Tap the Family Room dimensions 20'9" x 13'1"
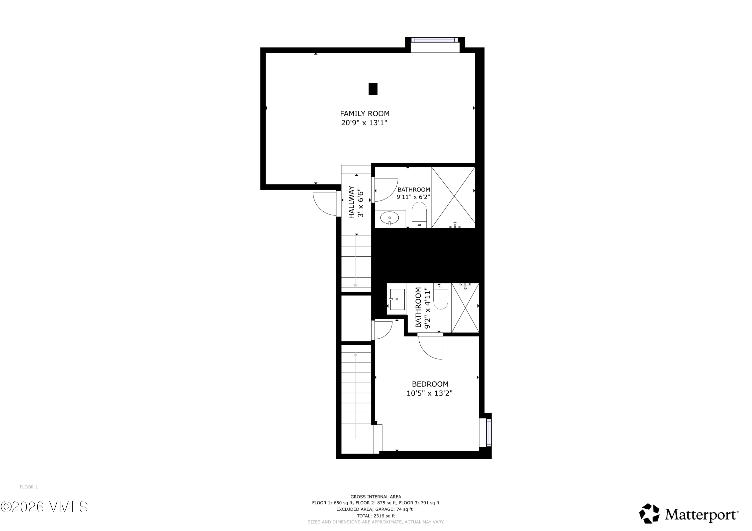[x=364, y=123]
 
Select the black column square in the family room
[x=373, y=89]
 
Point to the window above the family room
[x=435, y=40]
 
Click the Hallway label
[x=351, y=202]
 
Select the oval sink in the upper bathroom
[x=390, y=218]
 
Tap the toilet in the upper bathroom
[x=419, y=214]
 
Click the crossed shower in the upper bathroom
[x=453, y=197]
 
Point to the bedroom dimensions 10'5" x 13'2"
[x=429, y=393]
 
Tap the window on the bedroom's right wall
[x=489, y=433]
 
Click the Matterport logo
[x=689, y=515]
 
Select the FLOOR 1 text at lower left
[x=29, y=487]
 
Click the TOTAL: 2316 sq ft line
[x=376, y=516]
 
